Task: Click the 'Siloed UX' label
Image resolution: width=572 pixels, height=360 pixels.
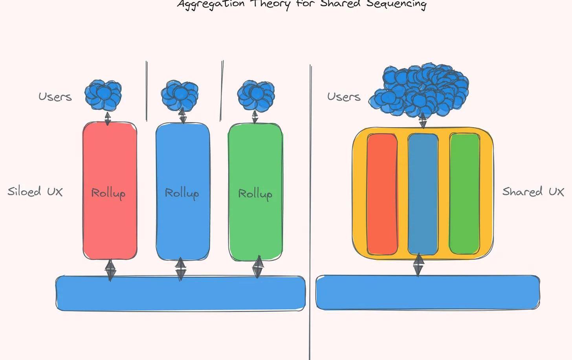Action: (x=35, y=192)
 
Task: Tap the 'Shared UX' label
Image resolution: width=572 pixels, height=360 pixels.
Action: (x=533, y=192)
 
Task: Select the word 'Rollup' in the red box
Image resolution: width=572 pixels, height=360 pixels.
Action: (x=108, y=193)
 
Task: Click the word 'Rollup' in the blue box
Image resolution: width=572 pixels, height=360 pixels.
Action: (x=181, y=193)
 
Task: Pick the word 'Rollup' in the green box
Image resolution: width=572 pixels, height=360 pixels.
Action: (x=255, y=194)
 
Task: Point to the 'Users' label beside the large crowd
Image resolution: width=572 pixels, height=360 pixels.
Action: (x=344, y=97)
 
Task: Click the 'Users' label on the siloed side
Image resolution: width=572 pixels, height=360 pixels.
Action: (x=55, y=97)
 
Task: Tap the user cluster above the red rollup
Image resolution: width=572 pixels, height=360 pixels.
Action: (x=103, y=95)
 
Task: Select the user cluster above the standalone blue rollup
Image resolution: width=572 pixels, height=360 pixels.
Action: (x=180, y=95)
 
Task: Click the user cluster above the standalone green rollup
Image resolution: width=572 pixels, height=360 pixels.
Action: (x=256, y=95)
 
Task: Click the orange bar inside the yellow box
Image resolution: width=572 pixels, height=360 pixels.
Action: (x=382, y=194)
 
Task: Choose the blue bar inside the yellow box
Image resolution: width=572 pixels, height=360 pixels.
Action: (x=423, y=194)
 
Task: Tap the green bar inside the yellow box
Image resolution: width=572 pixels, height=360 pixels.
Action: (x=464, y=194)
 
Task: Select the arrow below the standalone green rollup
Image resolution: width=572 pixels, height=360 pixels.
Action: (x=258, y=267)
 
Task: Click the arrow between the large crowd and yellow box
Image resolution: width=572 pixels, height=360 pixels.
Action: (x=423, y=121)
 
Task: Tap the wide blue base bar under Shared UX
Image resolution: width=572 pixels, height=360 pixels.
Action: (x=427, y=292)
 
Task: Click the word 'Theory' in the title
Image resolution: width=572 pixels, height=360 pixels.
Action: (x=271, y=4)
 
